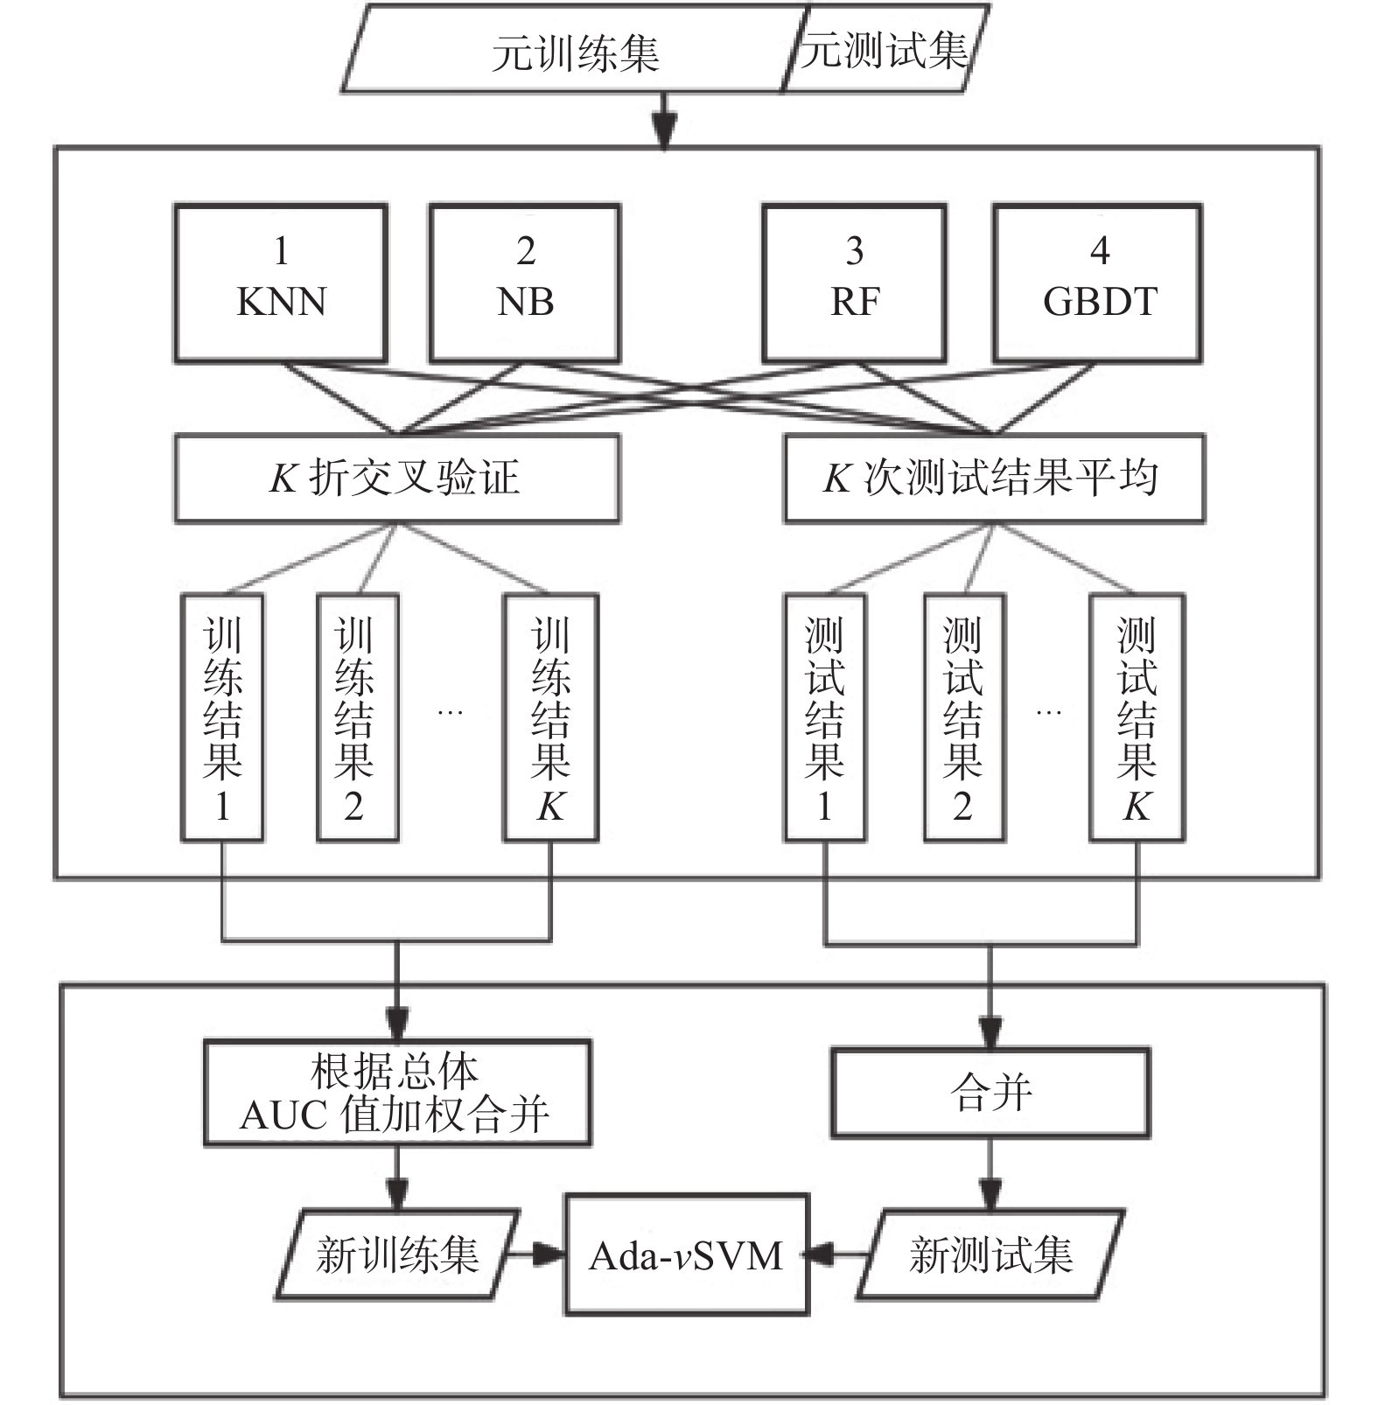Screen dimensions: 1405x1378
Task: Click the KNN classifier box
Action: [x=281, y=283]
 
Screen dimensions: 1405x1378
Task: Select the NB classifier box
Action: [x=525, y=283]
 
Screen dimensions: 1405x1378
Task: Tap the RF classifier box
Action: [x=854, y=283]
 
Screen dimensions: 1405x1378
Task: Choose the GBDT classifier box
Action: [x=1098, y=283]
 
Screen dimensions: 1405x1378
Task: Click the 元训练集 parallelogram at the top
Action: [x=573, y=51]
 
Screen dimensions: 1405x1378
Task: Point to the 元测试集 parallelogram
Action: [x=885, y=49]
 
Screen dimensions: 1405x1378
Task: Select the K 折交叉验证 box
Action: [x=397, y=479]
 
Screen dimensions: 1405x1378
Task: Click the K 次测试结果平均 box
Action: [x=994, y=479]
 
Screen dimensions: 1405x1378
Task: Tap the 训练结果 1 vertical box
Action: [x=222, y=717]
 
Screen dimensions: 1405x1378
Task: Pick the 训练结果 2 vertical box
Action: [x=357, y=717]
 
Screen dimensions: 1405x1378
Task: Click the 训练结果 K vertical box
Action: [x=550, y=717]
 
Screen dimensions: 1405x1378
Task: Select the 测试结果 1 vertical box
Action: [x=825, y=717]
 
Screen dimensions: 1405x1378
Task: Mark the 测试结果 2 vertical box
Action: [x=964, y=717]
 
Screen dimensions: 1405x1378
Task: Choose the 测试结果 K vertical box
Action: [x=1137, y=717]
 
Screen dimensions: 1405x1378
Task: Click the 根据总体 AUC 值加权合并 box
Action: [x=397, y=1093]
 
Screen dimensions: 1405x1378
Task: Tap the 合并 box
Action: [x=990, y=1093]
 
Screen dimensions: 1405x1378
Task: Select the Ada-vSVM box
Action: [x=687, y=1255]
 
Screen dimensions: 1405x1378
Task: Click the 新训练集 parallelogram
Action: [x=398, y=1255]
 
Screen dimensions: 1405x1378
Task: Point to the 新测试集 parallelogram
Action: [x=990, y=1255]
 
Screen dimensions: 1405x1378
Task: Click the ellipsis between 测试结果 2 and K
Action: [x=1048, y=713]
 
